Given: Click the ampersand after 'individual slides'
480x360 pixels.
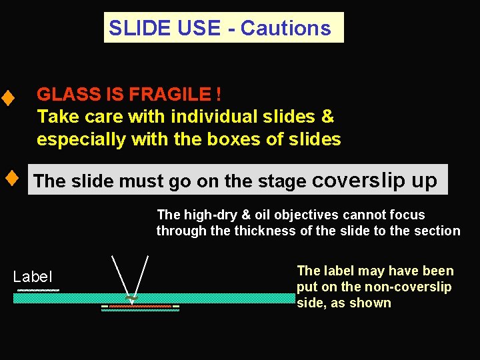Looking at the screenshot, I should [327, 117].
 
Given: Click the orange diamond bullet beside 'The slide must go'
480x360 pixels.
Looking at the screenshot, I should [11, 179].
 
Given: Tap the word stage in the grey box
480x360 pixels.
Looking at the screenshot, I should [282, 181].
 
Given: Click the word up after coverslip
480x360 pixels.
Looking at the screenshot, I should [424, 181].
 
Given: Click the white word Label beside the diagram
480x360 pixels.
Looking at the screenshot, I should [33, 277].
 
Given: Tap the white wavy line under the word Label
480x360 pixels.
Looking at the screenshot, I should [38, 291].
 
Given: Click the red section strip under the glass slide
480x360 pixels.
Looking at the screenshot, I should [140, 306].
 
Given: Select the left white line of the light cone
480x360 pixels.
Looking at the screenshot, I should [120, 275].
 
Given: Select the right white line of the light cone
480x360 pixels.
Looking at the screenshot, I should [141, 275].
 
